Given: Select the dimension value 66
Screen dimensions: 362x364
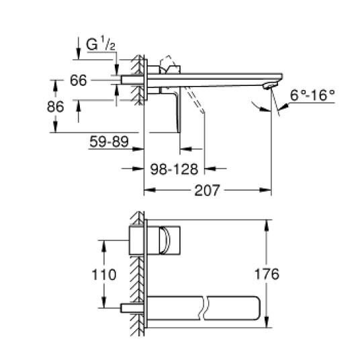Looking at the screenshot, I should [x=79, y=81].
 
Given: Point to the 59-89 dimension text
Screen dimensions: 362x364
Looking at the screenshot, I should [x=107, y=142].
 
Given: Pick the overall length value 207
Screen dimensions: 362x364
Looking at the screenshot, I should [x=208, y=190].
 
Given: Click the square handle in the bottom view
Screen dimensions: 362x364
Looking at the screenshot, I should [x=169, y=240].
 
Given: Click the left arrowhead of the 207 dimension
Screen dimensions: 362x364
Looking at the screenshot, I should [x=148, y=190].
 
